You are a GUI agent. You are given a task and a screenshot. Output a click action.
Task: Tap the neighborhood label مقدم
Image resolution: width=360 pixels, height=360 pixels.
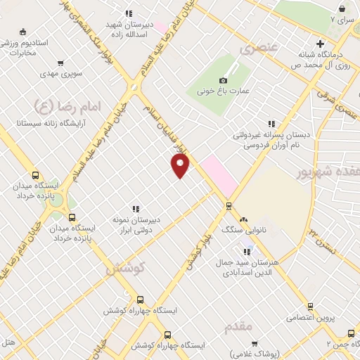[x=239, y=328]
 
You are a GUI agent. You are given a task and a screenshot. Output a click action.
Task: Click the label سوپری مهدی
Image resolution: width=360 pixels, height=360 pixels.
[x=62, y=73]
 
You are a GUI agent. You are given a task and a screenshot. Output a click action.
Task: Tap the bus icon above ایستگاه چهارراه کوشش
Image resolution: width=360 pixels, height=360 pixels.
[x=141, y=299]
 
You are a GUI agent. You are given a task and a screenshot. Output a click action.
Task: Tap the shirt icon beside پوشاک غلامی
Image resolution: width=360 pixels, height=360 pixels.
[x=254, y=343]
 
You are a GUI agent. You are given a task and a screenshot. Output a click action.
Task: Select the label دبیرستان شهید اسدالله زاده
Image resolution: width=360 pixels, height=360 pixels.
[x=129, y=28]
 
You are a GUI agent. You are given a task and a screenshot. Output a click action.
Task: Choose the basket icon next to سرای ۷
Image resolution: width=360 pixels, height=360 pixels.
[x=342, y=9]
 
